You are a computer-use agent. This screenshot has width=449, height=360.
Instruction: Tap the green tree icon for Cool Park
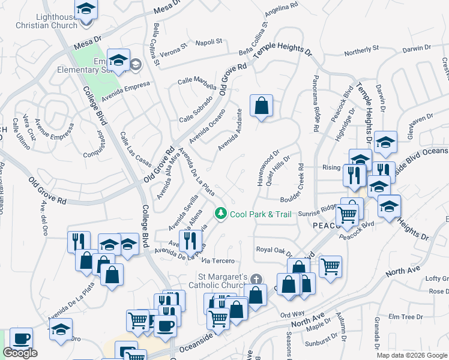click(x=221, y=214)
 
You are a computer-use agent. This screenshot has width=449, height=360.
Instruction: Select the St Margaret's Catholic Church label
click(x=223, y=281)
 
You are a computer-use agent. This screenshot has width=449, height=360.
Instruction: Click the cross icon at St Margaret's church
click(x=256, y=279)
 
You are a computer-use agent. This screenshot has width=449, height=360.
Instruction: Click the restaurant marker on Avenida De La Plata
click(x=190, y=240)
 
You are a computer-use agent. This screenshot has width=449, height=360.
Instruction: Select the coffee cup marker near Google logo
click(x=22, y=338)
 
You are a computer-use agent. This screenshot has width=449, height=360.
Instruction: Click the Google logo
click(x=20, y=353)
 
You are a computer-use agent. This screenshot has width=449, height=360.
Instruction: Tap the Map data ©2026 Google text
click(x=412, y=355)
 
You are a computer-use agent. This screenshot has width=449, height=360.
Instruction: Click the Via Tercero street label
click(x=218, y=261)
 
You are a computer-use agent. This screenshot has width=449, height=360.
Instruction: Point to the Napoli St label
click(x=209, y=42)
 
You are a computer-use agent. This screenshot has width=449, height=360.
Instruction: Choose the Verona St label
click(x=174, y=48)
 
